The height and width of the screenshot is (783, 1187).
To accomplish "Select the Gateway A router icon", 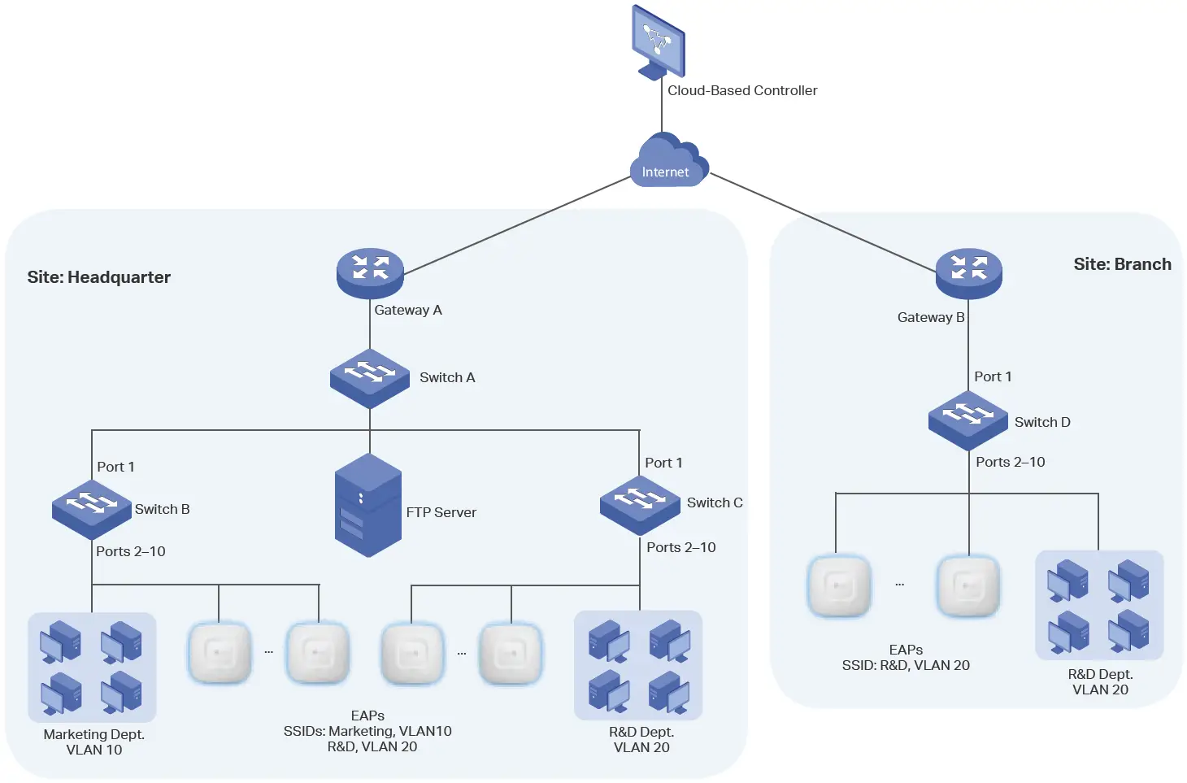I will [x=370, y=272].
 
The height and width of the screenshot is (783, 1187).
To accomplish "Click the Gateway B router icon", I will [x=968, y=272].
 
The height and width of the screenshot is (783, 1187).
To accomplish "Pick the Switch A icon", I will [x=370, y=377].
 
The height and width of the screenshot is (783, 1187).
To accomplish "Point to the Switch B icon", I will [x=91, y=508].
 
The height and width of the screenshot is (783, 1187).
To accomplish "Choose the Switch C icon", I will [x=640, y=504].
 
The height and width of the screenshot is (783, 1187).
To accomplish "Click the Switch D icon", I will [x=968, y=419].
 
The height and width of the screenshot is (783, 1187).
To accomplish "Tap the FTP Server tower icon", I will [x=368, y=505].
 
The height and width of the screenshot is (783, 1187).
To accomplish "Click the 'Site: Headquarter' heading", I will [x=98, y=277].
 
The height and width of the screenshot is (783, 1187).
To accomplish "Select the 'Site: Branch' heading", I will [x=1122, y=264].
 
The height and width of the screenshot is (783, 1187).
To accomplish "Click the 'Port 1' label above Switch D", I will [x=993, y=376].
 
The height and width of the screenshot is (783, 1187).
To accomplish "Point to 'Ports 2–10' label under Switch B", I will [x=130, y=551].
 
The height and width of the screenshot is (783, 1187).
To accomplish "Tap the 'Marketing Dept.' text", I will [x=93, y=734].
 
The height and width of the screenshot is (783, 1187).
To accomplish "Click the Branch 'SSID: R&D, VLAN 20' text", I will [x=906, y=665].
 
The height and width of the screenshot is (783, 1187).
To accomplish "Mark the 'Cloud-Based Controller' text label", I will [x=741, y=90].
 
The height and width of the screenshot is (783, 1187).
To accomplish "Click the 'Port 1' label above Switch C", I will [x=663, y=463].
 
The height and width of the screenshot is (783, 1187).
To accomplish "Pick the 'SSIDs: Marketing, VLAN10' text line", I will [x=367, y=731].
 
